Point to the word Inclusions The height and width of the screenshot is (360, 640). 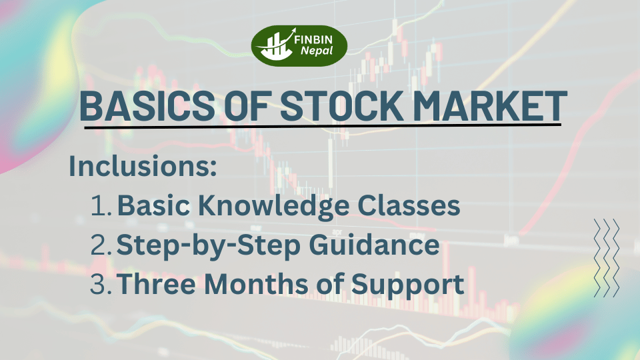(143, 167)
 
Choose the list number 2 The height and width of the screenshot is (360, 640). (102, 246)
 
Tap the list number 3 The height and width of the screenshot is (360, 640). (102, 285)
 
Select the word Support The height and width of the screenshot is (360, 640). (408, 285)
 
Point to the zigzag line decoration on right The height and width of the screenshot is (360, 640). (606, 257)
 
